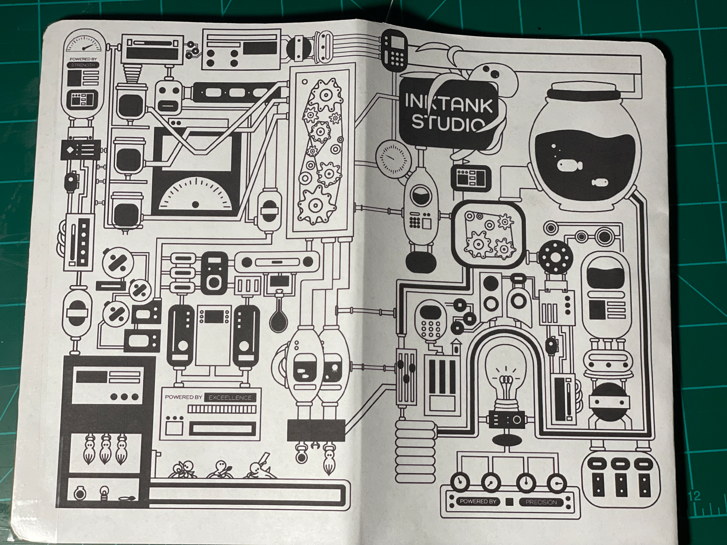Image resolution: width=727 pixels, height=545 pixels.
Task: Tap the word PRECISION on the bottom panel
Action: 541,502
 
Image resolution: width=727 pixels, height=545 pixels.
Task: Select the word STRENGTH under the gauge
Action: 83,65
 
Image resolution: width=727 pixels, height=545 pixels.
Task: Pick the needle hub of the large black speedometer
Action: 195,204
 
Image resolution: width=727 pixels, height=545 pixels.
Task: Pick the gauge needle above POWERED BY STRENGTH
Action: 88,47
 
